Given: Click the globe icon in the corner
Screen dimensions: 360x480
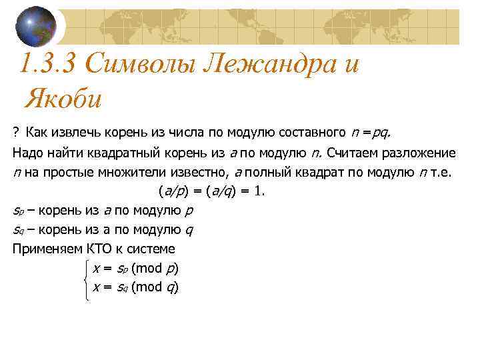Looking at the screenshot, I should (x=35, y=27).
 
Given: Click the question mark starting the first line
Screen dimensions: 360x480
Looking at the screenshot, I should (x=16, y=133).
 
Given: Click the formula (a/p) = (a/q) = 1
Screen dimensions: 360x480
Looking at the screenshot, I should (x=212, y=192).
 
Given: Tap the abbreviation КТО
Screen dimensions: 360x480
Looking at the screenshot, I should (x=99, y=249).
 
